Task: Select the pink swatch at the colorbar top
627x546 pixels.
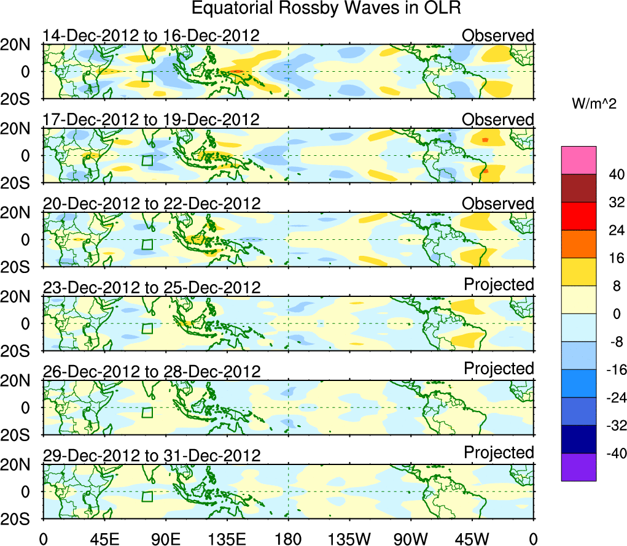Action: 578,160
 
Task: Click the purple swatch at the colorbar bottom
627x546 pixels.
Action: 578,467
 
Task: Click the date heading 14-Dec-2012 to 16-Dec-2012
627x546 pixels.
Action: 151,36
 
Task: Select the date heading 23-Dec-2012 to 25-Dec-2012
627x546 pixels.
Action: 151,287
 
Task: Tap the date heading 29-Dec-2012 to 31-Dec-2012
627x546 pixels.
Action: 151,455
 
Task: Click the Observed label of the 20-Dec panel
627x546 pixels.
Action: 498,204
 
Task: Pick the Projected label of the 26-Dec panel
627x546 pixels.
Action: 499,368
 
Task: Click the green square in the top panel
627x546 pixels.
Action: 147,77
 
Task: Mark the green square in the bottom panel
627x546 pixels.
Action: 147,496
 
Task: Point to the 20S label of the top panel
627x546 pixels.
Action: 20,98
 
